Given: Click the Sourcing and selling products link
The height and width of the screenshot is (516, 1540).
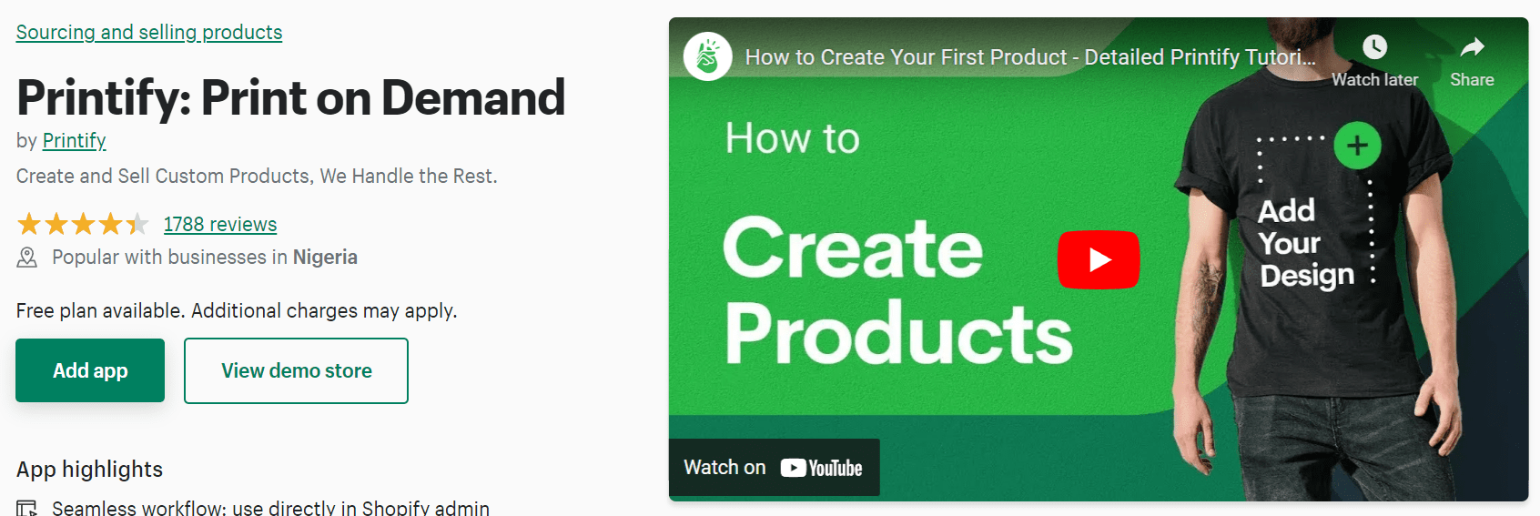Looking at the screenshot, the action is click(149, 32).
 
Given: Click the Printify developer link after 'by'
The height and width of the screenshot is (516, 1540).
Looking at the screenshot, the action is click(75, 141).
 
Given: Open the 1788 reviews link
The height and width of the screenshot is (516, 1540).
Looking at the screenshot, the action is click(220, 224).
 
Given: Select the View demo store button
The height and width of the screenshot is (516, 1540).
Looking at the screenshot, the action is click(297, 370).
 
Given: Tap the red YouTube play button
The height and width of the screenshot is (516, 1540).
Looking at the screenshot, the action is click(1099, 259).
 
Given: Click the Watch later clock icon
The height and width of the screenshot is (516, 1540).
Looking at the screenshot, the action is click(1375, 46).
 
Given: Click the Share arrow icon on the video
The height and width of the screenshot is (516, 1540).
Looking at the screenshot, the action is click(1472, 46).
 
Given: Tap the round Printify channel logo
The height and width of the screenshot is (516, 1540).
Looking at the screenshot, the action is click(707, 56).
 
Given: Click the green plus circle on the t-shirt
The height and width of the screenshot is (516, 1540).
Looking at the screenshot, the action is click(1357, 146).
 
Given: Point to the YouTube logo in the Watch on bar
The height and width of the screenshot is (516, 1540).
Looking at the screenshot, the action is click(822, 468).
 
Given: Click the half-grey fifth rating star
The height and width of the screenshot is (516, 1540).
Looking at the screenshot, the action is click(137, 224).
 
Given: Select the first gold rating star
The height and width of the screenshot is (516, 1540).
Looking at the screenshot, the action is click(29, 224).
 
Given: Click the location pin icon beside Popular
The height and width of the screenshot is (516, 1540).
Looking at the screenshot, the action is click(26, 258).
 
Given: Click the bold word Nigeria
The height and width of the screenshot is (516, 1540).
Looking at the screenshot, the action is click(325, 257).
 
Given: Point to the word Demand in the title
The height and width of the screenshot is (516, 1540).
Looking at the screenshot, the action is click(473, 97).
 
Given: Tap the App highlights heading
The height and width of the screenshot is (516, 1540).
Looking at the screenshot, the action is click(89, 469).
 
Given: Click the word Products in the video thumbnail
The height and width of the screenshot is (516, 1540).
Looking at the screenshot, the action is click(897, 333).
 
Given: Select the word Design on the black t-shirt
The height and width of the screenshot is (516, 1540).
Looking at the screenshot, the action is click(1307, 276).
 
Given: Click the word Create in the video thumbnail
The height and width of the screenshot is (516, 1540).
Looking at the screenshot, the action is click(853, 248).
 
